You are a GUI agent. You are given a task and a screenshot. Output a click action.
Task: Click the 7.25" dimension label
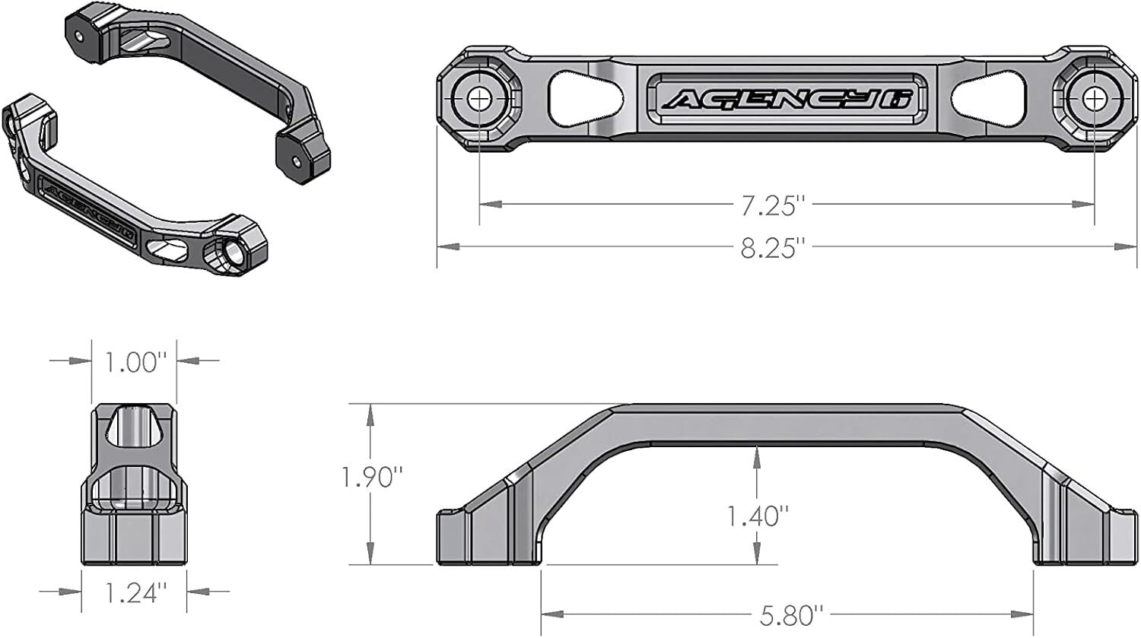click(x=773, y=205)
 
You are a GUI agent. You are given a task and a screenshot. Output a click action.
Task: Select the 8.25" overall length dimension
click(x=773, y=246)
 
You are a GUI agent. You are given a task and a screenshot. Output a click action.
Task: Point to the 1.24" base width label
click(x=135, y=592)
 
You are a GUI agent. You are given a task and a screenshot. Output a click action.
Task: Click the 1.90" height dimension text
click(x=370, y=478)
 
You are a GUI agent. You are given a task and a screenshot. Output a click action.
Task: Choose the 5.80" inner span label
click(x=792, y=614)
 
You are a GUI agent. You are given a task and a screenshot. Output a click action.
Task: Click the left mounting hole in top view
click(x=479, y=99)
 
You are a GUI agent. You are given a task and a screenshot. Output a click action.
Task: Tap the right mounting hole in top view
click(x=1095, y=99)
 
